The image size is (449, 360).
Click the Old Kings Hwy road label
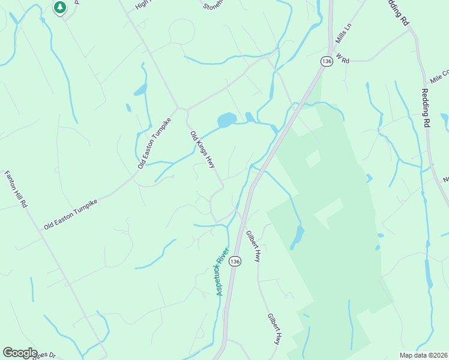click(x=202, y=150)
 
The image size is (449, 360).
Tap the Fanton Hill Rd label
click(x=16, y=190)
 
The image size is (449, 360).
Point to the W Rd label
click(x=343, y=58)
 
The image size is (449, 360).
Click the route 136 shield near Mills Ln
click(x=327, y=62)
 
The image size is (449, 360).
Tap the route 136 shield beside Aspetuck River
click(x=236, y=262)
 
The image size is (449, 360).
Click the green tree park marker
click(x=59, y=7)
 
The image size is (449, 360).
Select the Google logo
click(x=20, y=353)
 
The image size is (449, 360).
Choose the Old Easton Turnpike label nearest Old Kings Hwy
click(x=154, y=143)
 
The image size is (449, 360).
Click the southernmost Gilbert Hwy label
click(x=274, y=329)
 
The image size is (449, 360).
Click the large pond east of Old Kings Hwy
click(x=226, y=120)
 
